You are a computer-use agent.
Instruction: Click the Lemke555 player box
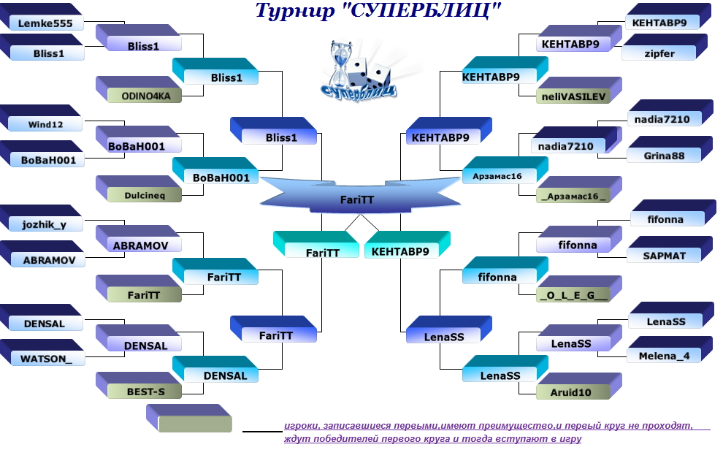[45, 23]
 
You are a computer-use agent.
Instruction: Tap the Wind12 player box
[45, 124]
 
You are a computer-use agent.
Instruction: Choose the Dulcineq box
[144, 195]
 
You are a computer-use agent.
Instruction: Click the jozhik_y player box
[44, 224]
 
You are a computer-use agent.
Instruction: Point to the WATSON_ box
[47, 359]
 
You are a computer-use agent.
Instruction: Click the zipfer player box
[659, 53]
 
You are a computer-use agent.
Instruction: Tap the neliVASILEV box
[574, 95]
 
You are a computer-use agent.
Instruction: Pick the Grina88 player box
[663, 155]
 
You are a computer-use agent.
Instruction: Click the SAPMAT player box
[665, 255]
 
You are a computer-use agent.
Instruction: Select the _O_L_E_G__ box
[574, 295]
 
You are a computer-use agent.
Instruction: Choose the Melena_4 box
[664, 356]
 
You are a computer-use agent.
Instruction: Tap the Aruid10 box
[574, 392]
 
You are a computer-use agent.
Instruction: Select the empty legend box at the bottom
[194, 424]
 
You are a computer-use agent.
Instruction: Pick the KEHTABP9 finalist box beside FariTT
[400, 251]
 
